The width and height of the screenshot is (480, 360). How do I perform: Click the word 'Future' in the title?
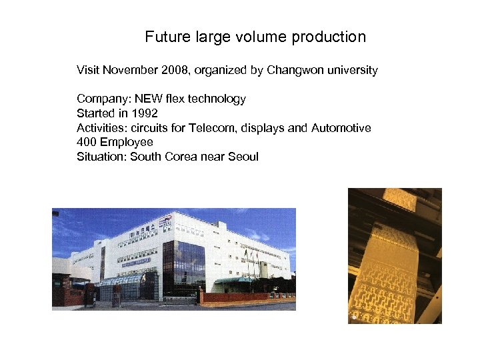[167, 37]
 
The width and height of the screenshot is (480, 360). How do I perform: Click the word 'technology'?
[216, 99]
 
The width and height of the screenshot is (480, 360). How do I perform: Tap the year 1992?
[144, 113]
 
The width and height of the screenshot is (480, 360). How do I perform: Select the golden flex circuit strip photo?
[395, 256]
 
